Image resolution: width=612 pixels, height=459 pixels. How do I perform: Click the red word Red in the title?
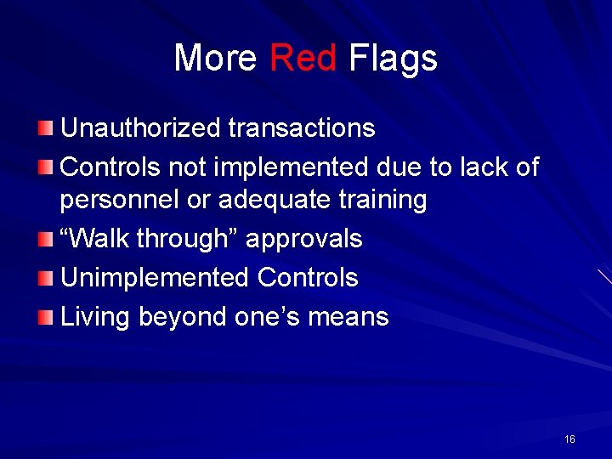point(303,58)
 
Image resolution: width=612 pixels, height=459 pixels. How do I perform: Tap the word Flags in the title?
point(393,58)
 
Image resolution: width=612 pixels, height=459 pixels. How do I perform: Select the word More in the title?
point(215,58)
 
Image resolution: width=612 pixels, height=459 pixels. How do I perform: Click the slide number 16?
point(569,439)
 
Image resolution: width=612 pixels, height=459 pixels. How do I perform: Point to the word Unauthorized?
point(140,128)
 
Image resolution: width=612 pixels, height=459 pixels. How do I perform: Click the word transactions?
point(301,128)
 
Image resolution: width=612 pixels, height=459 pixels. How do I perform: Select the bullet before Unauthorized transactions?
point(45,128)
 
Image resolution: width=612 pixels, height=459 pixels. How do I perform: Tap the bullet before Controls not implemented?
point(45,167)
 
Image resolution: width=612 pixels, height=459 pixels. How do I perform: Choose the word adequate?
point(271,201)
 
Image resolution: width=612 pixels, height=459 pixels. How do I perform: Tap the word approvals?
point(304,240)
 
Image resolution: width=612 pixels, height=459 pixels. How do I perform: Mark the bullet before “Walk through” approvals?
point(45,240)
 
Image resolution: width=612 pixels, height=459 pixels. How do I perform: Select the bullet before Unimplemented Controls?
point(45,278)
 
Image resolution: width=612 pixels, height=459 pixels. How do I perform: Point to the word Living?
point(95,317)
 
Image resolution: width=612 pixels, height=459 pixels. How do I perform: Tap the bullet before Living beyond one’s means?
point(45,317)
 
